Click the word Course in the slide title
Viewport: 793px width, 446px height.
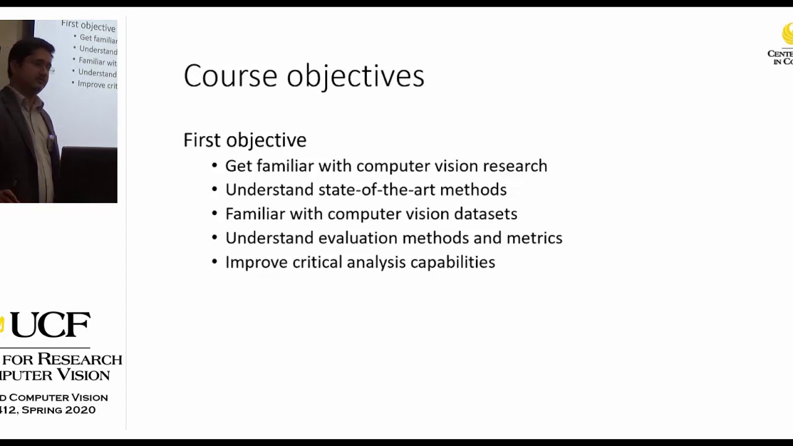click(x=230, y=76)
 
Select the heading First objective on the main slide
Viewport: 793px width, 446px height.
click(x=245, y=140)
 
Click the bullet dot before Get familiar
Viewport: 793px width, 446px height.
click(x=214, y=166)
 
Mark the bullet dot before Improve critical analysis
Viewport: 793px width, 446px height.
click(x=214, y=262)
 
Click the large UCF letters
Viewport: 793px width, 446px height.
click(x=50, y=325)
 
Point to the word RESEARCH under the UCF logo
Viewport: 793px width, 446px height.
click(x=79, y=359)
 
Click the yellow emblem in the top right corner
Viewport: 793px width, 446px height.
click(x=787, y=34)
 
